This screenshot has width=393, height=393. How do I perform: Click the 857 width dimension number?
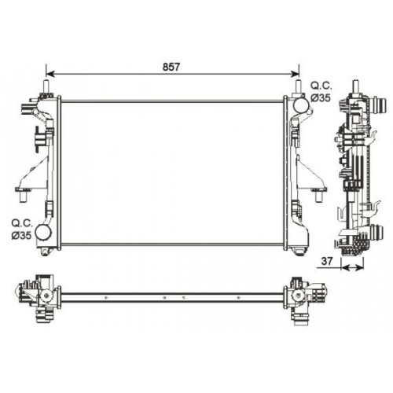click(172, 67)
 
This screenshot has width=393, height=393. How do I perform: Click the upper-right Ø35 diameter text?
click(322, 97)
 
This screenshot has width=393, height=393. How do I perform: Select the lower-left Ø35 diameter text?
click(20, 235)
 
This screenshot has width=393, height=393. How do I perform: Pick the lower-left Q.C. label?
click(20, 222)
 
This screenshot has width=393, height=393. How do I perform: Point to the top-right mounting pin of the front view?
click(298, 86)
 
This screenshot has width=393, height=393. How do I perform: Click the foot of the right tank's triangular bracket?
click(320, 189)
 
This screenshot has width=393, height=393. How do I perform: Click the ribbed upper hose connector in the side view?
click(379, 105)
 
